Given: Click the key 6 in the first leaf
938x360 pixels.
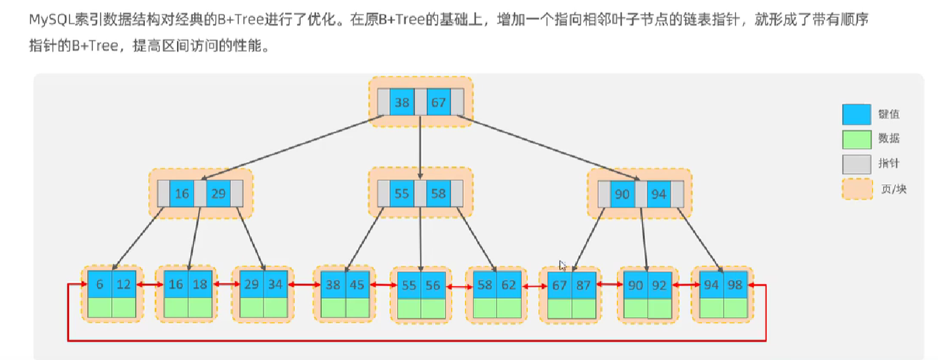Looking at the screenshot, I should pos(100,285).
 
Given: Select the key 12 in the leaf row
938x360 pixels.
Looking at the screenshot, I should pos(124,285).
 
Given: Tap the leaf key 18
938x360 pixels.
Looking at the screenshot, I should pos(200,285).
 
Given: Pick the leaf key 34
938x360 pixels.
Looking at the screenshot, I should pos(276,285).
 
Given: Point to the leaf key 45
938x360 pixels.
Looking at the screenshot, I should pos(357,285).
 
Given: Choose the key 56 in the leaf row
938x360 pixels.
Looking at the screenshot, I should pos(433,285).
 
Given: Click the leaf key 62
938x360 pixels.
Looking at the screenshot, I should pos(508,285).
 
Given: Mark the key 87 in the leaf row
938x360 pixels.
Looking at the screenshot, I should pos(583,285).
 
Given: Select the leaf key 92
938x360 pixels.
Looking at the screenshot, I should pos(659,285).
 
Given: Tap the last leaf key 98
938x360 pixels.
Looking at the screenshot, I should pos(735,285).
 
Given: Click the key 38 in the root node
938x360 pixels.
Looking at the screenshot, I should pos(402,102).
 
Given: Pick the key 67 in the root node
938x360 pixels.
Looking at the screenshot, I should pos(439,102).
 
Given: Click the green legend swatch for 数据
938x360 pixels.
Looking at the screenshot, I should pos(856,139).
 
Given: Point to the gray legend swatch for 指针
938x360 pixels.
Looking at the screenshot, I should pos(856,164).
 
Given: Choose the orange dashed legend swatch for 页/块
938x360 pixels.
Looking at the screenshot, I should pos(856,189).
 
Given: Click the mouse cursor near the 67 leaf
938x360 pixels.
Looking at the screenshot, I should pos(562,265).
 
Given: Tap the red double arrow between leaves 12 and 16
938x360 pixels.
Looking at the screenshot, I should pos(149,285).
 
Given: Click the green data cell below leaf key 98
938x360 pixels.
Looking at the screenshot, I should pos(735,308).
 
